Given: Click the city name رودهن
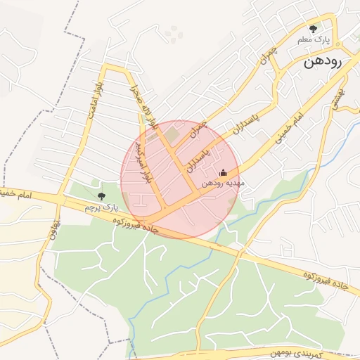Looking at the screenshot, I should [323, 61].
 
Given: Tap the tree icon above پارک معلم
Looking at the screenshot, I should [314, 30].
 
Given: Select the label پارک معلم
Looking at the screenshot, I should [314, 40].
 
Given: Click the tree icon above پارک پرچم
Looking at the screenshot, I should [102, 196].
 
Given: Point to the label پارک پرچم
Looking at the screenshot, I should [98, 208].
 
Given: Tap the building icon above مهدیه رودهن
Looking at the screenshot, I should [224, 173].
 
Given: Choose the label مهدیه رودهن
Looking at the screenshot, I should [222, 183].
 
